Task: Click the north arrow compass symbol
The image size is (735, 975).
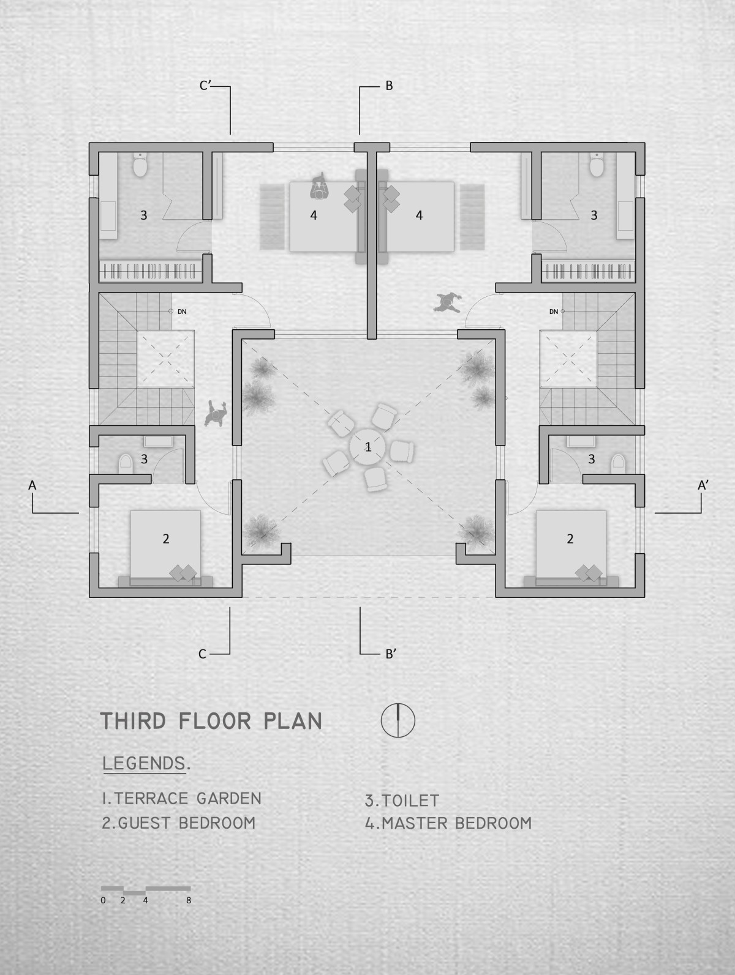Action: (x=398, y=720)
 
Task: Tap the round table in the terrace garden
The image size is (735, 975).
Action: (x=367, y=447)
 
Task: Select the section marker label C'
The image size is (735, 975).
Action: (x=205, y=85)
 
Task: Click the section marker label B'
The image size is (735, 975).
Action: (x=391, y=786)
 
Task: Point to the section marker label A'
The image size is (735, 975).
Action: (x=703, y=485)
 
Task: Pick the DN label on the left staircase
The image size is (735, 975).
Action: (x=182, y=312)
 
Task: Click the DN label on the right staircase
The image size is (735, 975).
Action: (x=553, y=312)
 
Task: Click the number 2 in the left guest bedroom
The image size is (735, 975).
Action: (x=166, y=539)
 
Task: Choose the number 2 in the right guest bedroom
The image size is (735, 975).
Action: (x=570, y=539)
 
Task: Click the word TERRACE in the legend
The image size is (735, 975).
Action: (x=151, y=798)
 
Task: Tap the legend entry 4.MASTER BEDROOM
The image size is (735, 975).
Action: (x=448, y=823)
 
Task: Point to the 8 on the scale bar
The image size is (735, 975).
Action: (x=189, y=900)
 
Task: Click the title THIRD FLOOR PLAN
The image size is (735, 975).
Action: (x=211, y=720)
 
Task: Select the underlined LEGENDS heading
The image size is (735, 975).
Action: (x=144, y=763)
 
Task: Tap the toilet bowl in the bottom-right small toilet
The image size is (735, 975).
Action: (x=617, y=463)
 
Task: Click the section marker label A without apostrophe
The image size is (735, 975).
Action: (x=32, y=485)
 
